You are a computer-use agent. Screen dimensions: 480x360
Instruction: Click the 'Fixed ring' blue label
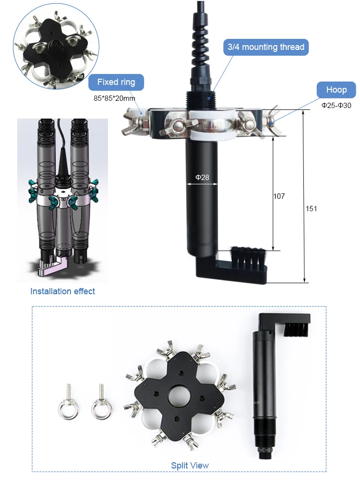[116, 82]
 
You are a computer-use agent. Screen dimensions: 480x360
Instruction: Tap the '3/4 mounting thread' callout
[265, 47]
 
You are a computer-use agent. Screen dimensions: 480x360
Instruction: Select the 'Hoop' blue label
[336, 90]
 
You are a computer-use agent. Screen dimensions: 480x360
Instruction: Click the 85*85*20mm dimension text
[114, 98]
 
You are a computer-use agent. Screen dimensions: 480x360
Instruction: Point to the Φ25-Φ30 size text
[336, 105]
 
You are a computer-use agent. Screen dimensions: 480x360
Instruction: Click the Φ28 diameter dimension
[202, 178]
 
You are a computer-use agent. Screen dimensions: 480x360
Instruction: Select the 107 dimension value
[279, 196]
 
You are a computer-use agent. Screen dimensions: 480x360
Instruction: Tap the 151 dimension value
[311, 208]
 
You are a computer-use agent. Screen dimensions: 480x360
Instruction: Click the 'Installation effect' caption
[62, 291]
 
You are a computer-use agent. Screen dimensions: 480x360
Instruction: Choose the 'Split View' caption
[190, 465]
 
